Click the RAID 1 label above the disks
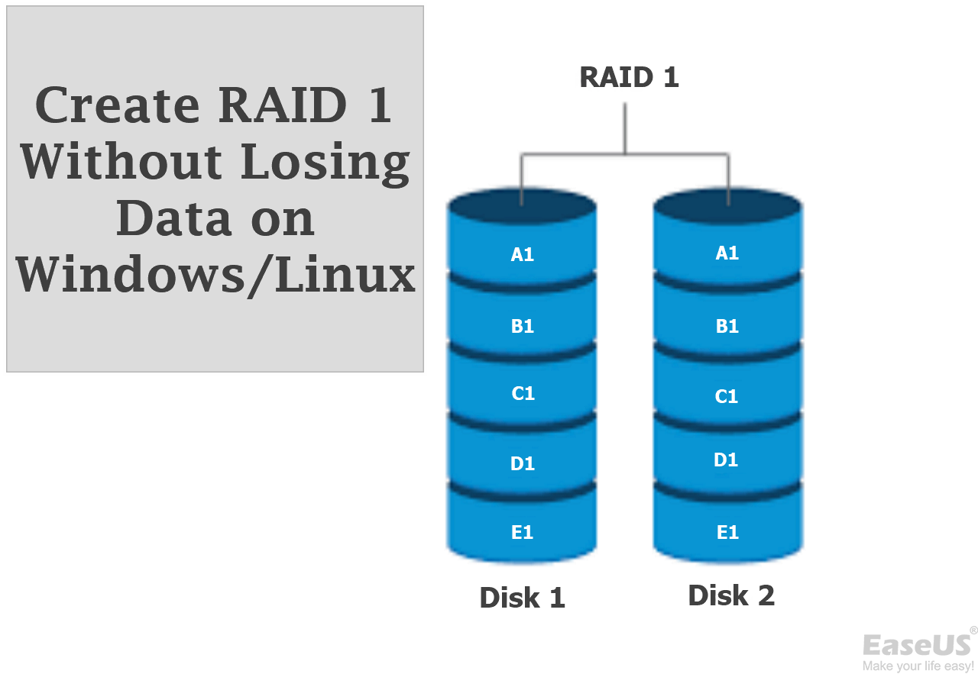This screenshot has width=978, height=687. (629, 78)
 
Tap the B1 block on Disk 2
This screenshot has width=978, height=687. (727, 326)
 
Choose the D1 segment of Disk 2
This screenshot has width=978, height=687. (726, 460)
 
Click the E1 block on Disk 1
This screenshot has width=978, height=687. (522, 532)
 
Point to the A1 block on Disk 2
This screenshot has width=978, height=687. (727, 253)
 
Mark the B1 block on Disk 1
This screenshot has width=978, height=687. (522, 326)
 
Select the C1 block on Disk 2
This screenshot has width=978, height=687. (727, 396)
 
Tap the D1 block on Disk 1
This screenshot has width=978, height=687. (522, 463)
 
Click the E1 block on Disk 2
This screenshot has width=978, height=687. (727, 532)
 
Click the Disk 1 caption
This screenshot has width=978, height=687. (522, 598)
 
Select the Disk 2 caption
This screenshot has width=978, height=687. (731, 595)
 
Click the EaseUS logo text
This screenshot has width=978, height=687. (917, 645)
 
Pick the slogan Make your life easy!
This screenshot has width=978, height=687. (918, 666)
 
